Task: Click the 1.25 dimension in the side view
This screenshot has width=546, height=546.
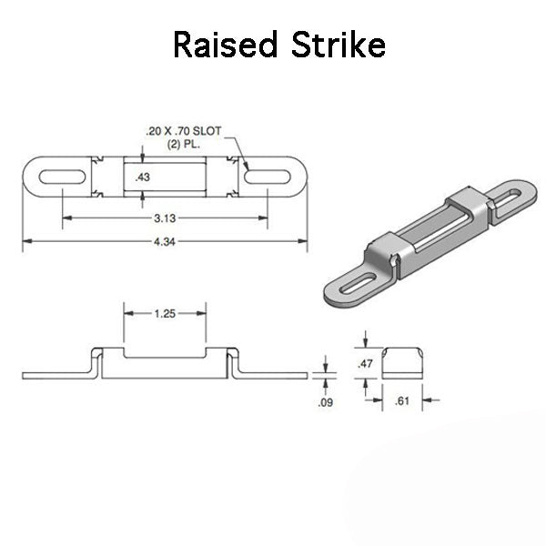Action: click(166, 312)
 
